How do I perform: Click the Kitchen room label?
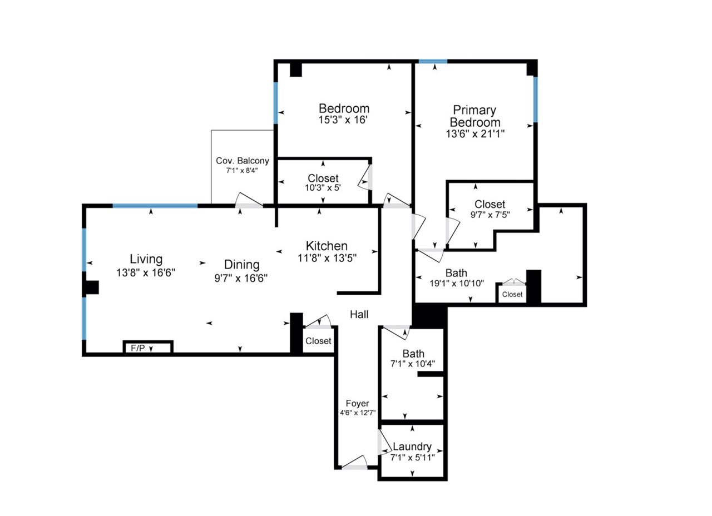pos(327,246)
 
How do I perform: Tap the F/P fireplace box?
pos(148,348)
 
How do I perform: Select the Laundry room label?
pos(412,446)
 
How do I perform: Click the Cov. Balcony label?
pos(243,161)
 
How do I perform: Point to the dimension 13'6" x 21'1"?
pos(475,134)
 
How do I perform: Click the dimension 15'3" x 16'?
pos(343,120)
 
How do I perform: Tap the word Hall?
pos(359,315)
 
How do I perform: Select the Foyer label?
pos(357,404)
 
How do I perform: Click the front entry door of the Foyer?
pos(354,463)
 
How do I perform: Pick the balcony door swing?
pos(249,200)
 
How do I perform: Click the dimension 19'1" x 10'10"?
pos(457,283)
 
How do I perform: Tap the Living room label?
pos(146,259)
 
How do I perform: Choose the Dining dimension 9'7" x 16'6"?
pos(241,279)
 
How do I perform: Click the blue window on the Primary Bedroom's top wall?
pos(433,61)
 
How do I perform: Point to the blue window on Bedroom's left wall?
pos(276,103)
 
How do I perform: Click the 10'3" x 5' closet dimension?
pos(323,188)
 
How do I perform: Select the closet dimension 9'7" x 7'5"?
pos(490,215)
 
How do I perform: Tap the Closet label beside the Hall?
pos(318,341)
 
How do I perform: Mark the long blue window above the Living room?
pos(155,206)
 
